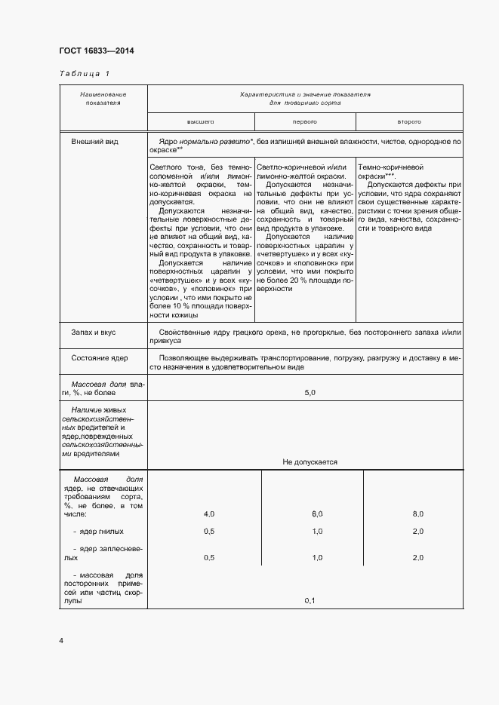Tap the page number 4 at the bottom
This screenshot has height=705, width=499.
click(x=61, y=641)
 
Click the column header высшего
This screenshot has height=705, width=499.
click(x=201, y=121)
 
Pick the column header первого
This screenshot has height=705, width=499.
click(x=304, y=121)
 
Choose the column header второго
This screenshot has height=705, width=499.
click(x=408, y=121)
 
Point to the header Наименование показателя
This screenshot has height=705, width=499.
click(x=103, y=98)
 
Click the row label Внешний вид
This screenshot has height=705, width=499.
click(x=89, y=141)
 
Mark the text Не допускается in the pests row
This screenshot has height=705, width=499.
click(x=310, y=462)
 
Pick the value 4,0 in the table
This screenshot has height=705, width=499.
click(x=209, y=513)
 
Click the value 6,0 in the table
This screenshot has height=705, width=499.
click(x=317, y=513)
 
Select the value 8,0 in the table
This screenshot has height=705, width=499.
click(x=417, y=513)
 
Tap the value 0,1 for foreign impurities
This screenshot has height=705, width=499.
click(x=310, y=600)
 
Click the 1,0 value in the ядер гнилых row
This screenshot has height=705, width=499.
click(x=317, y=532)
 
